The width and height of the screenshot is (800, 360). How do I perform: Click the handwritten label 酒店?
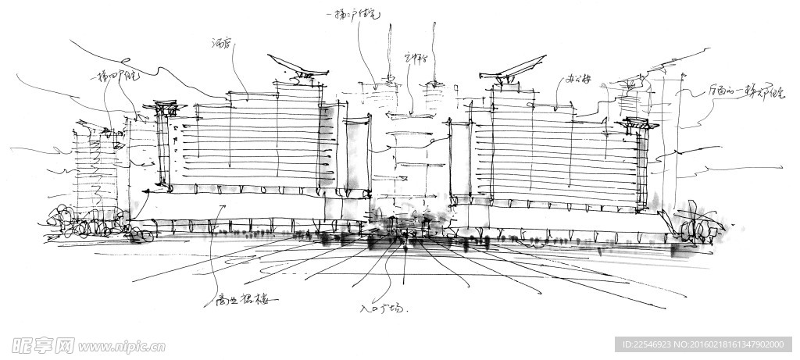click(x=221, y=45)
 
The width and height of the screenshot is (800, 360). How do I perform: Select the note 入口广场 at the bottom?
click(x=383, y=309)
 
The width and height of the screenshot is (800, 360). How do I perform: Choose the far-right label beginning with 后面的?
click(x=735, y=93)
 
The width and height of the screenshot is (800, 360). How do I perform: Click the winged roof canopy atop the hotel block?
click(x=297, y=67)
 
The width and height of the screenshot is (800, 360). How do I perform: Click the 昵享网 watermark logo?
click(x=43, y=345)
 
